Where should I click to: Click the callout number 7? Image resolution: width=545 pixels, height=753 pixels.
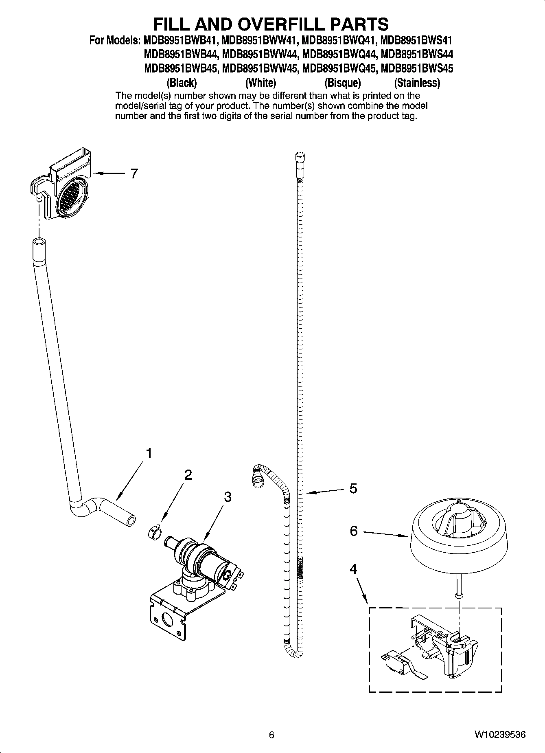click(134, 173)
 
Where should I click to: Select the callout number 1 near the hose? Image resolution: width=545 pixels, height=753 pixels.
click(149, 453)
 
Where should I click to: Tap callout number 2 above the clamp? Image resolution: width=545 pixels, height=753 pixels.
click(188, 475)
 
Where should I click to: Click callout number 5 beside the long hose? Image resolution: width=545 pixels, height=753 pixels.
click(353, 488)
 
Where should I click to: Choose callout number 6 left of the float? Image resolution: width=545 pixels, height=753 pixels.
click(353, 531)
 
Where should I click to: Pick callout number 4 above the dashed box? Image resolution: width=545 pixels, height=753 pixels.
click(353, 569)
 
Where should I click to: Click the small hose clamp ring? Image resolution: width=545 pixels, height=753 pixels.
click(155, 532)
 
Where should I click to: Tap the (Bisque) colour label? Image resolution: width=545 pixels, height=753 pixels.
click(342, 83)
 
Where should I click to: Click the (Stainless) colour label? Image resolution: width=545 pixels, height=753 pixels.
click(417, 83)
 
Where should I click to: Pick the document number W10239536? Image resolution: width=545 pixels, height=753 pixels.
click(499, 735)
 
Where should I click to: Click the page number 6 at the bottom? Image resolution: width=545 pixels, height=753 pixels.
click(271, 735)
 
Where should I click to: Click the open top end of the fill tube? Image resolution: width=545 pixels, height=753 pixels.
click(38, 242)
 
